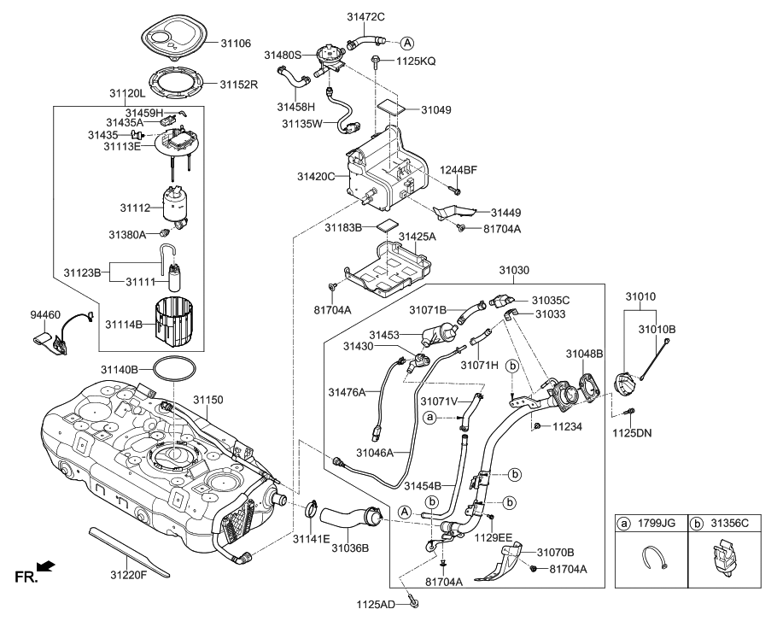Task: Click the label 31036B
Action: click(351, 548)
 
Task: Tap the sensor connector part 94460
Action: click(55, 340)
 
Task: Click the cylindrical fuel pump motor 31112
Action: click(178, 206)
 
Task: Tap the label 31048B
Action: click(584, 353)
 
